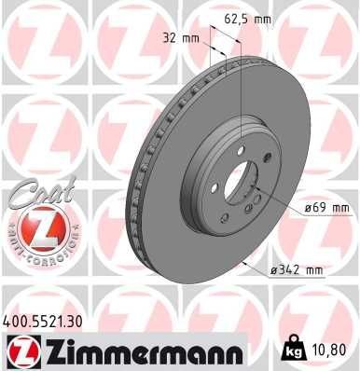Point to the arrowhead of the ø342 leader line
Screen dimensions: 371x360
244,267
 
